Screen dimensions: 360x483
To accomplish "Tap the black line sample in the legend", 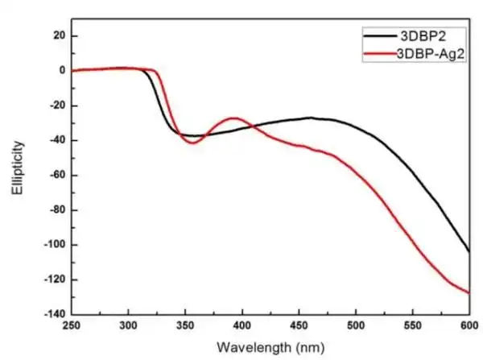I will pos(378,37).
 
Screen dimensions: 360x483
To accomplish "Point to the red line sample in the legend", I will pos(378,53).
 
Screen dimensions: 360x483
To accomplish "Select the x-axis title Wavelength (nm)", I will pos(270,347).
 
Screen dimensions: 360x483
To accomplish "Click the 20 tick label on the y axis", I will pos(58,35).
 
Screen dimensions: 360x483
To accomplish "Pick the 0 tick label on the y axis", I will pos(61,71).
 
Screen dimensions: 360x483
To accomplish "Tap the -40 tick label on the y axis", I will pos(55,141).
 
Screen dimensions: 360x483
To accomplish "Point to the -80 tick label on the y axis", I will pos(55,210).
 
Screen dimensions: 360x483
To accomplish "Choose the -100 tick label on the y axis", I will pos(52,245).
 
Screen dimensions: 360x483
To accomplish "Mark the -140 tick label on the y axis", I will pos(52,314).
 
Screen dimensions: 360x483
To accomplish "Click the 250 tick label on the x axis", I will pos(72,326).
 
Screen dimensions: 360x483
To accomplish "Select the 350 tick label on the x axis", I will pos(185,326).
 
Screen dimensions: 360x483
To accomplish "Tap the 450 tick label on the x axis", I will pos(299,326).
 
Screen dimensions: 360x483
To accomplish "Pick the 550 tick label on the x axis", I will pos(412,326).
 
